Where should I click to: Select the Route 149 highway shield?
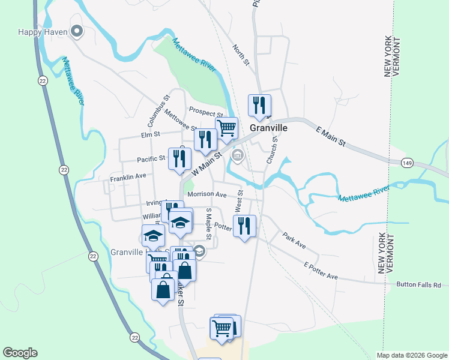[407, 162]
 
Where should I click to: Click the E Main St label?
[332, 135]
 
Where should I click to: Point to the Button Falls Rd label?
[418, 285]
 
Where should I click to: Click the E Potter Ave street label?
[321, 271]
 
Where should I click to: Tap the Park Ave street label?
[294, 241]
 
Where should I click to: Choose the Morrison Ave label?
[206, 195]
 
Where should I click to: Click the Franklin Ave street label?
[128, 178]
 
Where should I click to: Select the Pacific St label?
[151, 159]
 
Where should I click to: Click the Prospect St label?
[205, 111]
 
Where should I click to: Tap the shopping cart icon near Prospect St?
[226, 128]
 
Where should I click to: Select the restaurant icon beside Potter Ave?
[244, 226]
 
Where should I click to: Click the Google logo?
[20, 353]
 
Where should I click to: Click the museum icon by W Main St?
[238, 157]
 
